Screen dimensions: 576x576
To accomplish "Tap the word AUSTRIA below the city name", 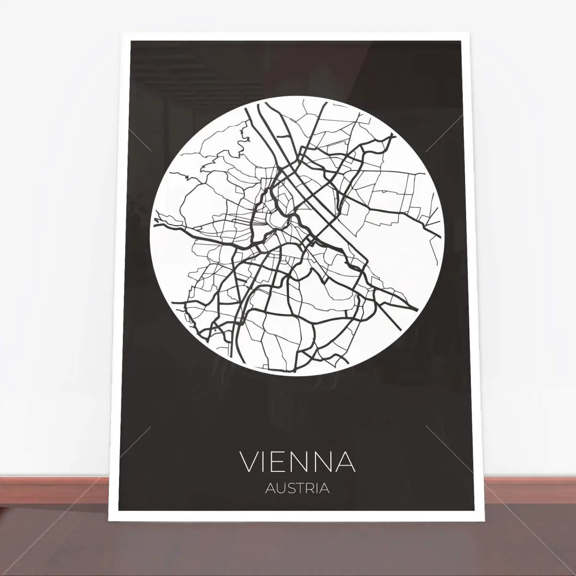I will coord(297,489).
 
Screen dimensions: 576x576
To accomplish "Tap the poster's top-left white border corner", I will coord(126,36).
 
